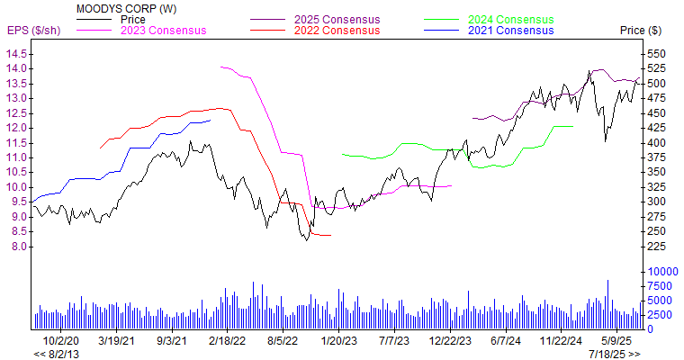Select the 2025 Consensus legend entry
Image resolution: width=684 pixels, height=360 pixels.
point(338,19)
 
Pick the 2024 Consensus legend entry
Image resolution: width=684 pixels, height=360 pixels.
point(511,19)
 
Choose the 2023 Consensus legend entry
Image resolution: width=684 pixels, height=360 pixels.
point(163,31)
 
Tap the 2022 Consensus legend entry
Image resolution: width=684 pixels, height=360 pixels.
point(338,31)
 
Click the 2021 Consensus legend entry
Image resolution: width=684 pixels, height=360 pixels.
point(511,31)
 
